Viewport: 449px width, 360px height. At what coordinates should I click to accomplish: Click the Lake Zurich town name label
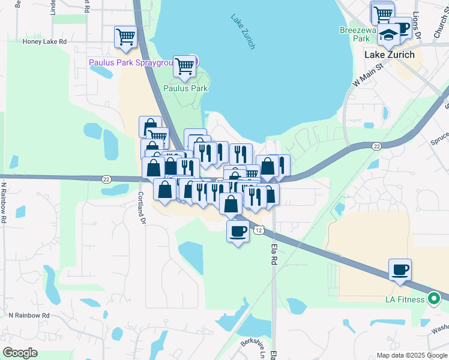390,55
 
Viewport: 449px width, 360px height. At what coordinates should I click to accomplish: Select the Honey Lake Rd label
44,42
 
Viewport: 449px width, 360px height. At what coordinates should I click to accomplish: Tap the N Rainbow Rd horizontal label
29,315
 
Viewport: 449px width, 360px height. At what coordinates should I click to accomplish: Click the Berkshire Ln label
253,347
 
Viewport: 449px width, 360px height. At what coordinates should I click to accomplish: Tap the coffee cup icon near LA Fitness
400,270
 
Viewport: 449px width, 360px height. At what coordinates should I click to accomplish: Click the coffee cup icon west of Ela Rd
238,231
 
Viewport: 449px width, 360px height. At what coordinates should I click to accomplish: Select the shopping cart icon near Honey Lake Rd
126,37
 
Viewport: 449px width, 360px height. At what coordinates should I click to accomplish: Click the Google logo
20,353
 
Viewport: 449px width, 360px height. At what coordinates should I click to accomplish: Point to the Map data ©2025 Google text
411,355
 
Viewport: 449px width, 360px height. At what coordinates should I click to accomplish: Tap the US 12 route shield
258,230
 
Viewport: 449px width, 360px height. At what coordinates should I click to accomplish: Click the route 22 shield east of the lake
376,146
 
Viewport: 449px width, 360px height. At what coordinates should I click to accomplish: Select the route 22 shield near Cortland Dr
106,179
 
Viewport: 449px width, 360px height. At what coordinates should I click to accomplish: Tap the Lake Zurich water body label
244,32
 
